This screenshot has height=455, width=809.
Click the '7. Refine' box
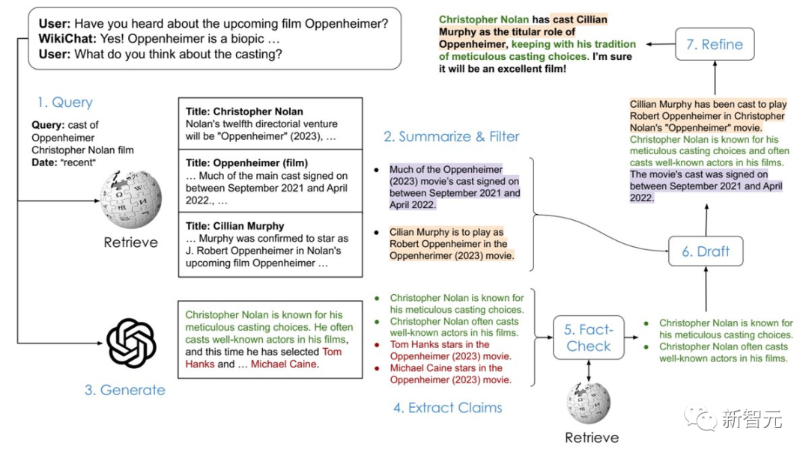click(714, 45)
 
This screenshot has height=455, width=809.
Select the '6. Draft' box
click(705, 251)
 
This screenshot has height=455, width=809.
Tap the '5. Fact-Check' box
click(589, 338)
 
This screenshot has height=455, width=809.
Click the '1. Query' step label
click(65, 103)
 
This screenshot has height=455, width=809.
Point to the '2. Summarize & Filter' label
click(451, 136)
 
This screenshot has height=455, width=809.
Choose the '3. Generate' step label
click(124, 390)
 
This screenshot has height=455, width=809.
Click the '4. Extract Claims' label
click(447, 408)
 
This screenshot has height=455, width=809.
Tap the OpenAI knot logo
click(131, 343)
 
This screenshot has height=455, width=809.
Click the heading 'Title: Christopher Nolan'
click(245, 112)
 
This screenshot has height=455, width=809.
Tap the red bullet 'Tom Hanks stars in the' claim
click(440, 345)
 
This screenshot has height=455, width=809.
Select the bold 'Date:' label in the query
click(45, 162)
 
